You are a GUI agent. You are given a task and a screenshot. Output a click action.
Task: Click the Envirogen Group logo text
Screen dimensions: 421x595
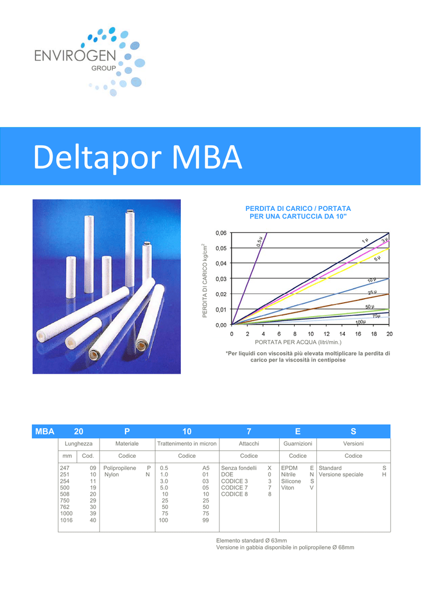point(75,59)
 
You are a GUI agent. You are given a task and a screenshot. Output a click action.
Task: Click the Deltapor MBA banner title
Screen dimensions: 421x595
point(137,157)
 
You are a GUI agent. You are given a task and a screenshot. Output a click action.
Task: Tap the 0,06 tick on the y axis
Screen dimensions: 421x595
point(221,232)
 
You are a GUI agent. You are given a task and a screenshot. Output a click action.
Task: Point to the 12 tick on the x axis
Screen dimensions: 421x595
point(326,334)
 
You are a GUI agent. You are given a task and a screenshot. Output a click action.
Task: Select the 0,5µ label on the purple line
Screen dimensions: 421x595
point(259,242)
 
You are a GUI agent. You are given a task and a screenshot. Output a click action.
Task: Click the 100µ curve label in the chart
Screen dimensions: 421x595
point(361,322)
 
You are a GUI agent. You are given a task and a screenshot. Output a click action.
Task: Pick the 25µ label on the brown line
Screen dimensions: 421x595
point(372,292)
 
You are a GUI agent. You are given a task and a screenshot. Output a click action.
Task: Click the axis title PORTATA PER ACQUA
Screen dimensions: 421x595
point(298,342)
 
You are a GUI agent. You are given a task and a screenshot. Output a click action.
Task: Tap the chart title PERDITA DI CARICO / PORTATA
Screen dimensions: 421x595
point(298,209)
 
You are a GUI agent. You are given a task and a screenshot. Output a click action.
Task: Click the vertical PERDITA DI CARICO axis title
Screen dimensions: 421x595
point(205,281)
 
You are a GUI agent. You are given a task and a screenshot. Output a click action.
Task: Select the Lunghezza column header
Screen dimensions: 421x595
point(79,443)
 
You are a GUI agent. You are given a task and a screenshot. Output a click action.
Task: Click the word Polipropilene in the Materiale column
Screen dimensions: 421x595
point(120,468)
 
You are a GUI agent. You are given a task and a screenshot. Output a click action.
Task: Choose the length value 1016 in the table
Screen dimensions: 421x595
point(66,520)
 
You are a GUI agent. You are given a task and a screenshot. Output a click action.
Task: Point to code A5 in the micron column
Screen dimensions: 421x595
point(205,468)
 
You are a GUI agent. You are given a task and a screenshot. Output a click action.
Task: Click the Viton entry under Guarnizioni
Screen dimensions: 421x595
point(287,488)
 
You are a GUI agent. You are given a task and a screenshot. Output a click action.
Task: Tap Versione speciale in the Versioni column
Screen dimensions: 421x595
point(341,474)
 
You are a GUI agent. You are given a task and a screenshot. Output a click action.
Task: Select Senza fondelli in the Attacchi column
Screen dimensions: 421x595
point(239,468)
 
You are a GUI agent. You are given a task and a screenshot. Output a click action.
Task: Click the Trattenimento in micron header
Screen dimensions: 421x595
point(187,443)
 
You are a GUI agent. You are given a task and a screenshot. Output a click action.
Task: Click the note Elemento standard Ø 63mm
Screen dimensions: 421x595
point(251,540)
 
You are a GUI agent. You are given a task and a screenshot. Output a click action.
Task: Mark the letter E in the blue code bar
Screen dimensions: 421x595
point(298,432)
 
